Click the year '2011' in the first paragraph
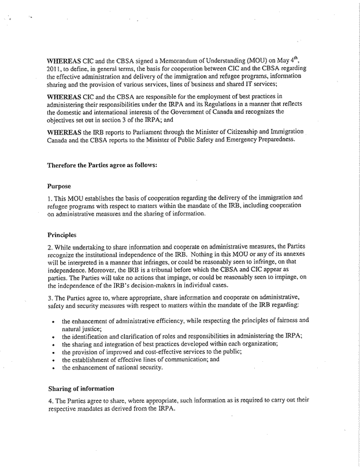(x=55, y=68)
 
